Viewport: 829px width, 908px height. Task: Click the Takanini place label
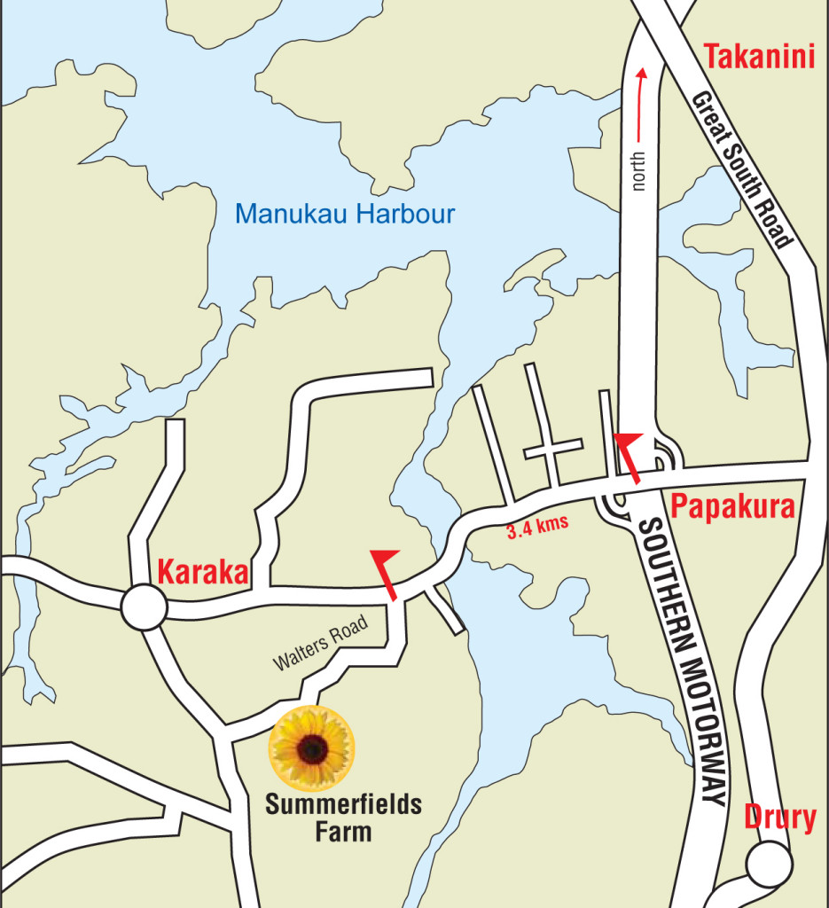(759, 59)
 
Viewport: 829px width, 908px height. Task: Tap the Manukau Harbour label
(345, 214)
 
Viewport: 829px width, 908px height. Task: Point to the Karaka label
(202, 572)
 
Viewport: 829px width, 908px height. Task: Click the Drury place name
(779, 818)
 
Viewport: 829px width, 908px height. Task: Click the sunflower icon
(312, 748)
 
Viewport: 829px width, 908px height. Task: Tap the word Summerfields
(345, 806)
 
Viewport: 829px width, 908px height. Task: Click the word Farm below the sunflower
(345, 832)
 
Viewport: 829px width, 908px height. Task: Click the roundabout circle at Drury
(768, 863)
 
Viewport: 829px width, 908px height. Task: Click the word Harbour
(411, 214)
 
